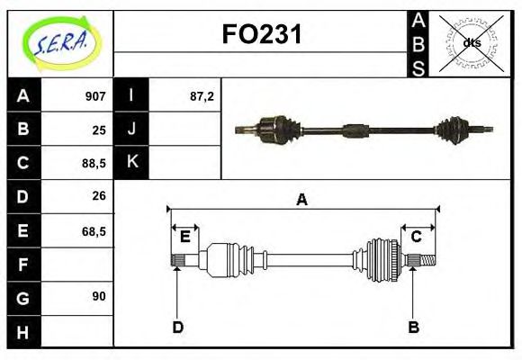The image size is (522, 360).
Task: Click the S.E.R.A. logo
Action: tap(60, 43)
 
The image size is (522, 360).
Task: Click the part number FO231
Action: tap(262, 35)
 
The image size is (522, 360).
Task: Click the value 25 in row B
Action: tap(99, 130)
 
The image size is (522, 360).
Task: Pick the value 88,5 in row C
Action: tap(94, 163)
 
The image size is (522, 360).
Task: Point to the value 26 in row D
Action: tap(99, 195)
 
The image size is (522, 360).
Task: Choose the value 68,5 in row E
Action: tap(94, 230)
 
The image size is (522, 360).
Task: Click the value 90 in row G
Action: tap(99, 296)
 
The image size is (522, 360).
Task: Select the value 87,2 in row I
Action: tap(202, 96)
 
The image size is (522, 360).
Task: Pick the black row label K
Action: tap(132, 163)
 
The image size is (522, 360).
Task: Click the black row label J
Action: tap(132, 130)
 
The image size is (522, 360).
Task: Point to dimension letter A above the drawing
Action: tap(301, 200)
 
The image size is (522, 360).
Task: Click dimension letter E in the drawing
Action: tap(184, 237)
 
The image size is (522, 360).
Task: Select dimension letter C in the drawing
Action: tap(417, 237)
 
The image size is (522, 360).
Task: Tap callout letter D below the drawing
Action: tap(177, 327)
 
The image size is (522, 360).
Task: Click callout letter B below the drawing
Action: tap(414, 327)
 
